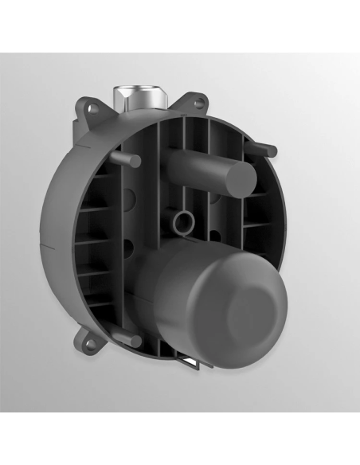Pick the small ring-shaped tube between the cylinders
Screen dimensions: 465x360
coord(185,221)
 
